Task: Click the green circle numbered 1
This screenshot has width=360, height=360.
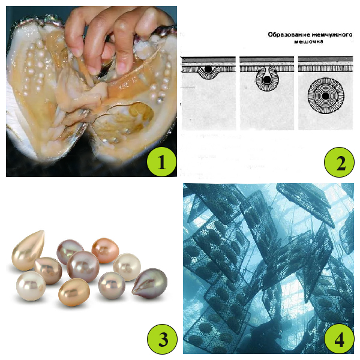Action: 161,161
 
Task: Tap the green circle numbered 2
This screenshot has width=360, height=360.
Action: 339,162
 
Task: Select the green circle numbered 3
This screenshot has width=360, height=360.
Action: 162,339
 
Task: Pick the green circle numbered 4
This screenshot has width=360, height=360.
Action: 339,339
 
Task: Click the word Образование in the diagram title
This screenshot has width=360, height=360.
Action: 287,35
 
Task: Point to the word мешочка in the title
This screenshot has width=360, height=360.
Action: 309,41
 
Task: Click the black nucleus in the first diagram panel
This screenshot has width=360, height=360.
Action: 208,70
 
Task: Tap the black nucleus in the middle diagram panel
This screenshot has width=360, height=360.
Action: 267,80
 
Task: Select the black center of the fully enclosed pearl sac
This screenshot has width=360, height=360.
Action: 325,96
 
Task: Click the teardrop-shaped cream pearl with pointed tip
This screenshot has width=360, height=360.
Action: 28,251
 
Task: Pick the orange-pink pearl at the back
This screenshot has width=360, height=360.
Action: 106,250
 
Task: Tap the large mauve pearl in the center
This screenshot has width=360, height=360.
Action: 83,266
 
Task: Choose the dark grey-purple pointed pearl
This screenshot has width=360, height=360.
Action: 149,283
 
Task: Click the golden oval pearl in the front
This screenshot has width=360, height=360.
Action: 74,292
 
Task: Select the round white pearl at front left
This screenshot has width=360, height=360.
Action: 31,286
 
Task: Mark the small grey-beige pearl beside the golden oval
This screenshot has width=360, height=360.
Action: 112,286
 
